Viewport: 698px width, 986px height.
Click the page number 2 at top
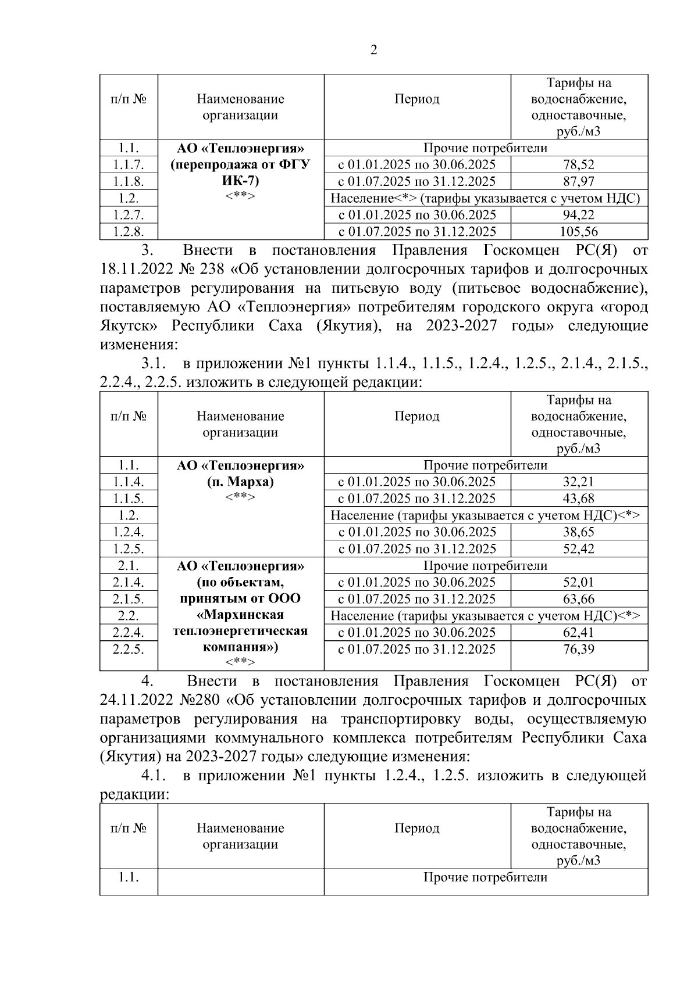[x=373, y=50]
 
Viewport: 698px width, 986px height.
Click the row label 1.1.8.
[x=128, y=182]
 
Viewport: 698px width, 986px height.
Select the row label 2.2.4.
[x=128, y=633]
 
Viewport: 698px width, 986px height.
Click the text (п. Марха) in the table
[x=240, y=482]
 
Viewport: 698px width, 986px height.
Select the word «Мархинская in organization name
[x=240, y=615]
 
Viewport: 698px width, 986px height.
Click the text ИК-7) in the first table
[x=240, y=181]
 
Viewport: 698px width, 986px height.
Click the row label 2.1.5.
[x=128, y=599]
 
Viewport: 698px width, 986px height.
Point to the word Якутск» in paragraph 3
[x=127, y=325]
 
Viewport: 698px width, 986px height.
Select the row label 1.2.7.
[x=128, y=216]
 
